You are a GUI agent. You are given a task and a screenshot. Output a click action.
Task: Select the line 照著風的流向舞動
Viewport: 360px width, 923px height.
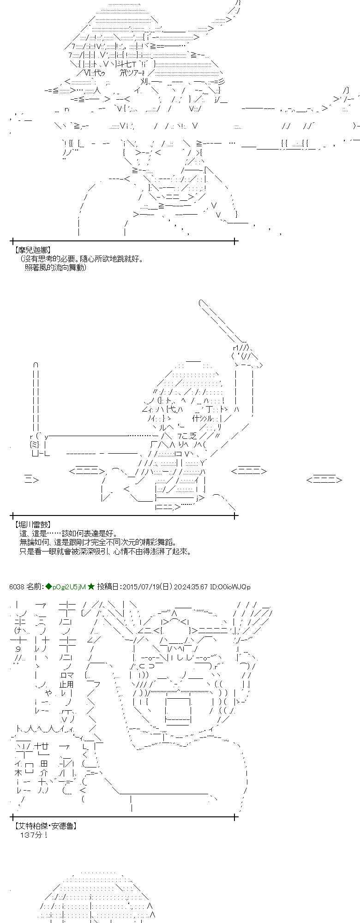click(x=55, y=267)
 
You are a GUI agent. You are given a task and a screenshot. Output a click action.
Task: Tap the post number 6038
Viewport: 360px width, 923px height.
click(x=16, y=587)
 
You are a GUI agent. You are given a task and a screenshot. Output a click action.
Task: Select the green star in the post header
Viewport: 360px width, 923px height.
click(x=91, y=587)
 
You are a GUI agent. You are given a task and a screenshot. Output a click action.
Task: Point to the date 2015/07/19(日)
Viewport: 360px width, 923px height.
click(x=146, y=587)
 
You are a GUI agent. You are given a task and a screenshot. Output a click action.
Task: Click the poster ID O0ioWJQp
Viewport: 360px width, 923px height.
click(x=234, y=587)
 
